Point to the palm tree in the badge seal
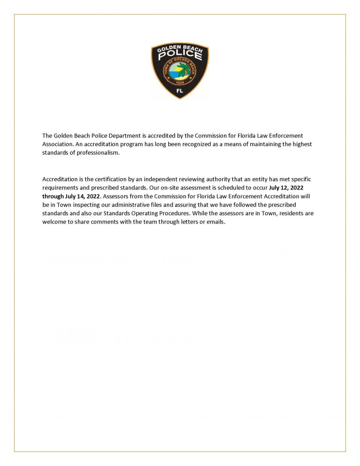(186, 73)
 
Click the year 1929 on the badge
(180, 83)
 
